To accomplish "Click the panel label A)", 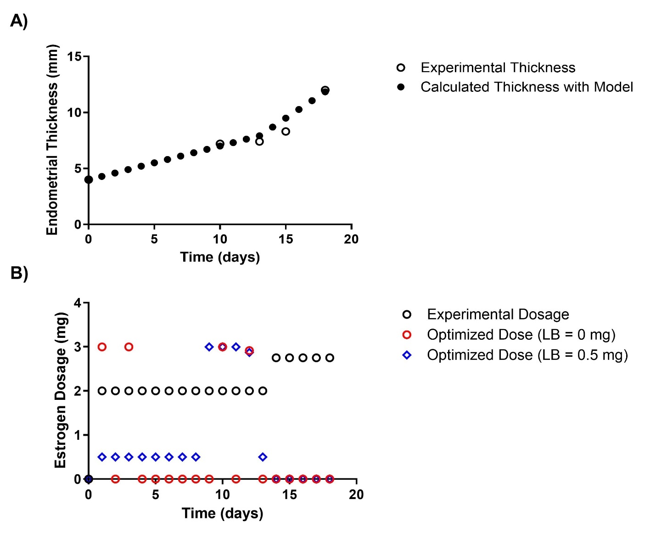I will (x=19, y=21).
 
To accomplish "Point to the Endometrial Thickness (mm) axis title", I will (x=52, y=140).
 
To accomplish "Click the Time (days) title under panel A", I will (x=220, y=257).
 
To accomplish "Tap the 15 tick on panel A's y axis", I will (x=74, y=56).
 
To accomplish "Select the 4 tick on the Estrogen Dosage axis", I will (x=77, y=303).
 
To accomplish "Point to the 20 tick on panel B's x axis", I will (x=356, y=494).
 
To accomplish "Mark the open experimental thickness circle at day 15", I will (x=286, y=131).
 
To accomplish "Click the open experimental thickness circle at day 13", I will (x=259, y=141).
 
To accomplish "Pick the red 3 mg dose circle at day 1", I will (x=102, y=347).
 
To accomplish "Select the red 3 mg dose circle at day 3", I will (x=129, y=347).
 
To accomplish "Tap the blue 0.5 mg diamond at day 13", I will (x=263, y=457).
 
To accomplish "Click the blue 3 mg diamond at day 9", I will (x=209, y=347).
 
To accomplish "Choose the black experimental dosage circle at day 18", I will (x=330, y=358).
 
